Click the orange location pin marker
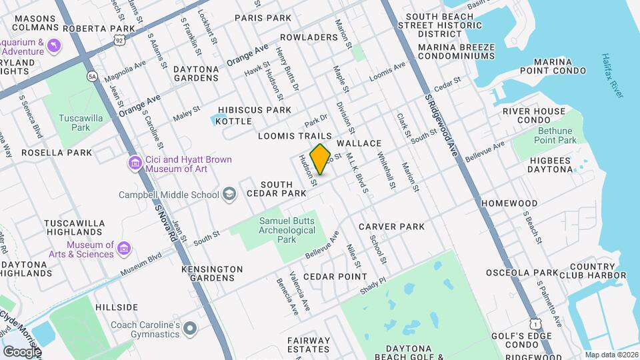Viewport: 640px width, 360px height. point(321,159)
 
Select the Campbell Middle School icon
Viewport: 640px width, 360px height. point(229,195)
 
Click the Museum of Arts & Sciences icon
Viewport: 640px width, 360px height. point(123,249)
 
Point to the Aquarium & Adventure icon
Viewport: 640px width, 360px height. point(54,45)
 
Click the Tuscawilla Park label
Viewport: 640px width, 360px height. point(75,122)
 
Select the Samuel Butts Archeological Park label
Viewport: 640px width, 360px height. point(287,230)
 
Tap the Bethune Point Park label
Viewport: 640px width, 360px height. point(555,136)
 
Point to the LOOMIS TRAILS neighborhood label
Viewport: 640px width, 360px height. point(295,136)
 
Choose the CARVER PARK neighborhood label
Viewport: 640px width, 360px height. point(391,227)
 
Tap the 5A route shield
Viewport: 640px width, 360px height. point(91,77)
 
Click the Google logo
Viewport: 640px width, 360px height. point(21,351)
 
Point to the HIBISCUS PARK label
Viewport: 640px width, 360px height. point(255,109)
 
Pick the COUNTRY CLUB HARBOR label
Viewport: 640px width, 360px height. point(587,271)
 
